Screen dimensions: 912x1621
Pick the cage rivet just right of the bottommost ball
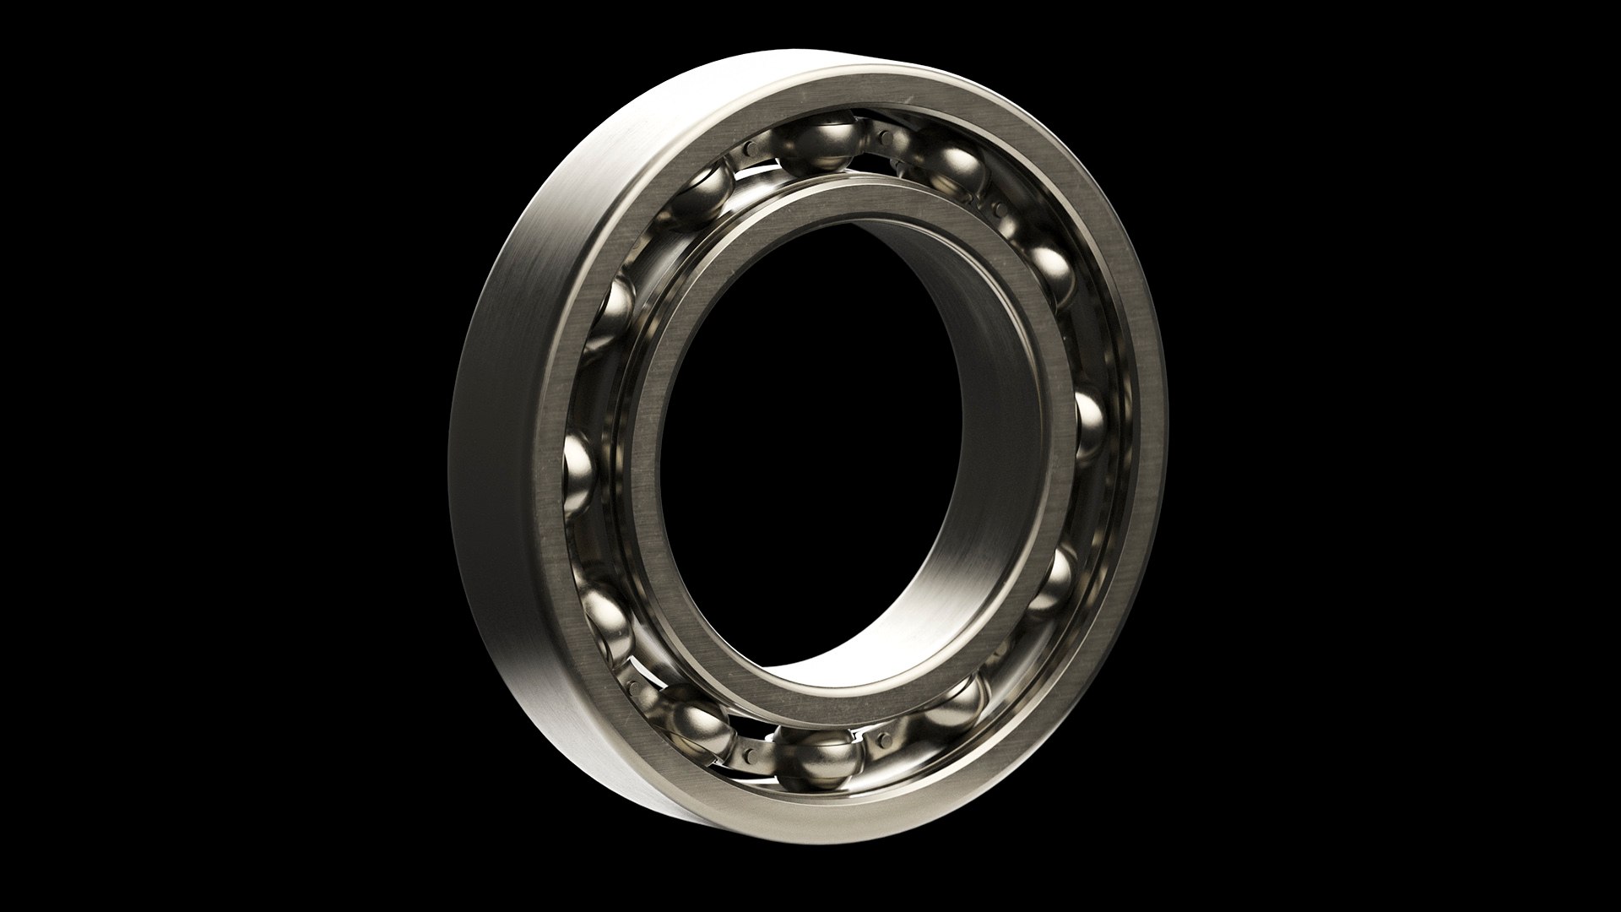(883, 740)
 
